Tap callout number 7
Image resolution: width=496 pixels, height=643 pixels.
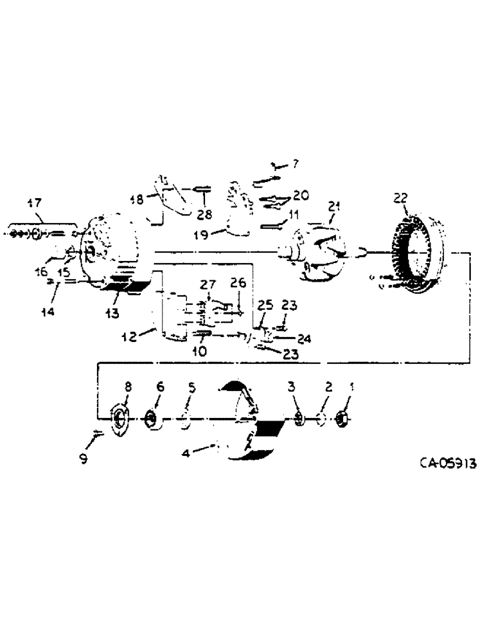(x=295, y=164)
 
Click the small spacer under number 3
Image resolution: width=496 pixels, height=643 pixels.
(x=299, y=419)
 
